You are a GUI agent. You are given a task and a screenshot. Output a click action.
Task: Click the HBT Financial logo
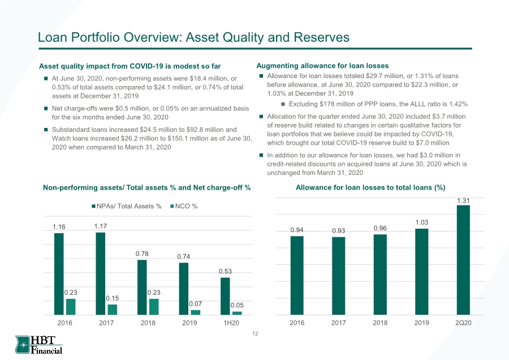coord(38,345)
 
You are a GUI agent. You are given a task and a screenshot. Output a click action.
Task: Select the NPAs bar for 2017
coord(101,273)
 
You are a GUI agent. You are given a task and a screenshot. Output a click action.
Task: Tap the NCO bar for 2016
coord(71,307)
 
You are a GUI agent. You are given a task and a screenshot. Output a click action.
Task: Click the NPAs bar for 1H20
coord(225,296)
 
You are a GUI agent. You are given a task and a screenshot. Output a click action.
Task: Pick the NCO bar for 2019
coord(196,312)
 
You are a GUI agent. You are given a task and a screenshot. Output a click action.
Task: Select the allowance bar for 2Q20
coord(463,260)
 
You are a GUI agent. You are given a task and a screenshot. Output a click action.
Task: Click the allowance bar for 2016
coord(297,276)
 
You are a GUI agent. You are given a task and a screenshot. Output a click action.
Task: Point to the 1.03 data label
coord(422,222)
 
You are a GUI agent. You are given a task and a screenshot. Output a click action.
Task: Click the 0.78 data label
coord(142,254)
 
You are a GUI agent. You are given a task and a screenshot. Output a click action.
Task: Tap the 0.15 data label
coord(113,298)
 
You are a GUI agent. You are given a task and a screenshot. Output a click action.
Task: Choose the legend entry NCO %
coord(184,206)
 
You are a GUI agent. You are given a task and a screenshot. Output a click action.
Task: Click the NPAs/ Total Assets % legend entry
coord(127,206)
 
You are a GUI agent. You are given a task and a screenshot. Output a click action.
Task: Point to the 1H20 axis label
coord(231,323)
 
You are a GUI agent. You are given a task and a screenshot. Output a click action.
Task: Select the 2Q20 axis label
coord(463,323)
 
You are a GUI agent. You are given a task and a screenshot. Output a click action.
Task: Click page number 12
coord(255,334)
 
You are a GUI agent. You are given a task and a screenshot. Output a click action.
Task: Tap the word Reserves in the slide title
coord(321,37)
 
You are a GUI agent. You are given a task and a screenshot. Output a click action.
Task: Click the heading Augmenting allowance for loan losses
coord(322,66)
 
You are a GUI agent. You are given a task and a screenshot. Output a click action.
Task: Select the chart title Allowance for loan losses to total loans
coord(370,187)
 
